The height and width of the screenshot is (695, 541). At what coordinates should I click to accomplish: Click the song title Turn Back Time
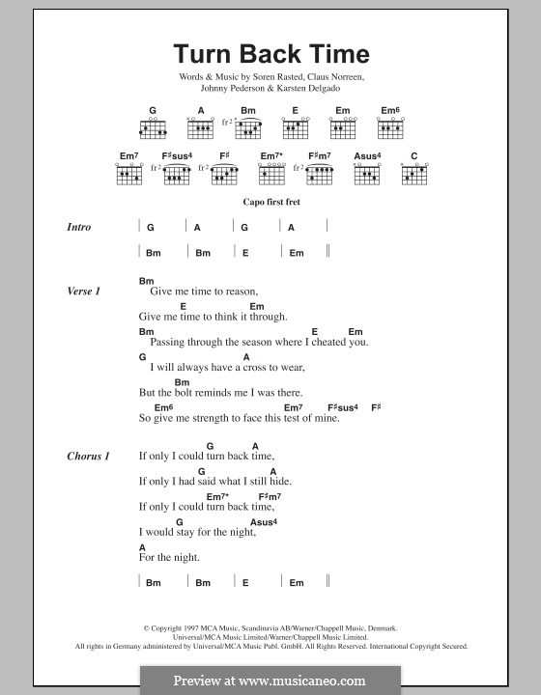(x=270, y=54)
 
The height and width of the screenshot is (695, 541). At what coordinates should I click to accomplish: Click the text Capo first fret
(x=270, y=204)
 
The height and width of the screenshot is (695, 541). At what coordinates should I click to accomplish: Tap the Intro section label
(x=79, y=227)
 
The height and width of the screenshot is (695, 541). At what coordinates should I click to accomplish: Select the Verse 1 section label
(x=84, y=291)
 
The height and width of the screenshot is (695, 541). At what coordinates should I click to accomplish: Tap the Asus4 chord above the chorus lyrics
(x=264, y=522)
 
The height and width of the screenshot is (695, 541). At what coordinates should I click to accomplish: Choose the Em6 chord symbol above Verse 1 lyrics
(x=163, y=407)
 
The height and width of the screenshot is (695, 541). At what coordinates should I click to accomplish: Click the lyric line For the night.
(x=169, y=557)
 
